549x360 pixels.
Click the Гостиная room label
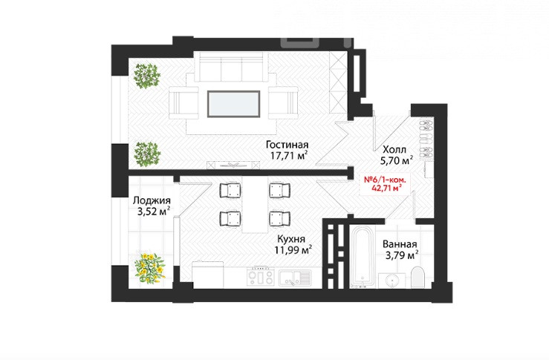pos(287,145)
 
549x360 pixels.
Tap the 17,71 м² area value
pos(289,155)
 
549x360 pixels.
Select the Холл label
pos(394,150)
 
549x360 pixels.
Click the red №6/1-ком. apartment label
pos(385,180)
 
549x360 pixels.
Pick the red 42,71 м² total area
pos(386,189)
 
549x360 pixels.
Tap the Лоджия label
pos(152,201)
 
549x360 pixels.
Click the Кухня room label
pos(291,239)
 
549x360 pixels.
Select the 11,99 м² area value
pos(293,250)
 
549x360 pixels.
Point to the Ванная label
pos(400,244)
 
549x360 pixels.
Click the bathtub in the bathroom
pos(362,257)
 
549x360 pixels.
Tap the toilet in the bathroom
pos(418,278)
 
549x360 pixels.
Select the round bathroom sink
pos(392,281)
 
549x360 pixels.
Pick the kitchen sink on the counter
pos(294,278)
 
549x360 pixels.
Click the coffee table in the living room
pos(233,104)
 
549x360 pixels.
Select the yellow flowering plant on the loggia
pos(150,268)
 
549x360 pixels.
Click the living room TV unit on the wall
pos(233,165)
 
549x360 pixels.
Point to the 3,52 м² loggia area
pos(154,212)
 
